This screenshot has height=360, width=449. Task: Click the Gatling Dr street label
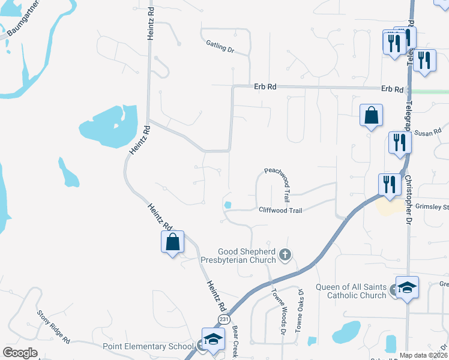pyautogui.click(x=219, y=46)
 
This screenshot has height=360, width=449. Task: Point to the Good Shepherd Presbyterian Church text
pyautogui.click(x=248, y=255)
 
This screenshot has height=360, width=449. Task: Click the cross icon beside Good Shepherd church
pyautogui.click(x=285, y=256)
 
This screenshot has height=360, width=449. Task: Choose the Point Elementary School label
pyautogui.click(x=148, y=346)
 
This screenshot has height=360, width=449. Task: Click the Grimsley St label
pyautogui.click(x=432, y=207)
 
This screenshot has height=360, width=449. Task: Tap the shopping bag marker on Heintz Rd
pyautogui.click(x=173, y=242)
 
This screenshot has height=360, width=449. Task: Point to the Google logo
pyautogui.click(x=20, y=353)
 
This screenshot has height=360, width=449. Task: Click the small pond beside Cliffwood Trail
pyautogui.click(x=228, y=206)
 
